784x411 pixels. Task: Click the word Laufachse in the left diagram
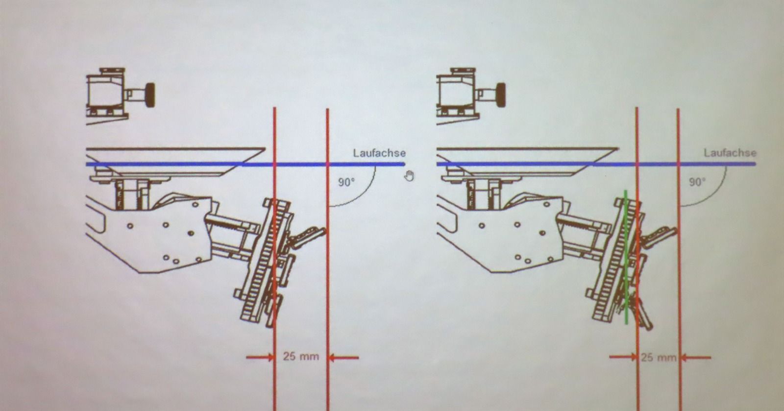tap(379, 153)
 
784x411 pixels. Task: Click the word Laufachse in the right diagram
tap(730, 153)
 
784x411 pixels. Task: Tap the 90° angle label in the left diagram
tap(346, 182)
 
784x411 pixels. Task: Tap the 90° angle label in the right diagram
tap(697, 182)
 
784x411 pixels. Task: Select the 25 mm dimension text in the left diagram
tap(301, 357)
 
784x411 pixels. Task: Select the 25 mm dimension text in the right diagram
tap(659, 358)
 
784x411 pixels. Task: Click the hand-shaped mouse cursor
tap(409, 176)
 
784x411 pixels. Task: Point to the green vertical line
tap(626, 257)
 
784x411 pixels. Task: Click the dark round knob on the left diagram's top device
tap(150, 95)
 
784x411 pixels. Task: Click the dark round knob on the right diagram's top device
tap(501, 95)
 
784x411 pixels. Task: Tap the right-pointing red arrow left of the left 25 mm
tap(260, 357)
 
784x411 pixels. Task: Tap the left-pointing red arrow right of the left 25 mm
tap(343, 358)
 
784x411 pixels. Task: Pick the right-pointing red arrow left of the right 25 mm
tap(623, 357)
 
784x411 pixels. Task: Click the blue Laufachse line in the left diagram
tap(245, 164)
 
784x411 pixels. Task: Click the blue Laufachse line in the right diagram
tap(596, 164)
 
